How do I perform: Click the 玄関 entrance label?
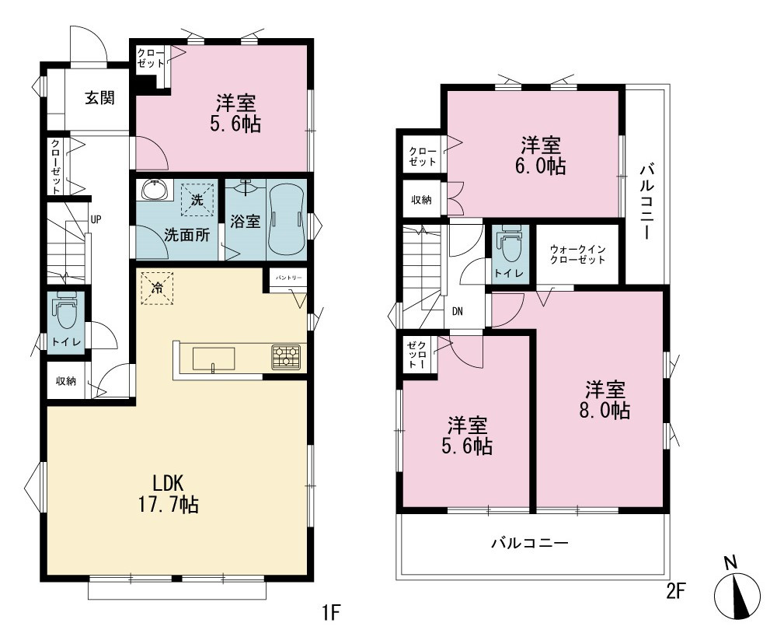100,98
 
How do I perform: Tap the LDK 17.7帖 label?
168,493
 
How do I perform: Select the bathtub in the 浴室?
287,219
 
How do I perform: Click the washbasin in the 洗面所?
155,190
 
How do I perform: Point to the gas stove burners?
287,356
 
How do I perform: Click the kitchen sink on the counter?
214,359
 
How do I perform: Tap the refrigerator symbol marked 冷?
157,288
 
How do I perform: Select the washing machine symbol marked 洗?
197,200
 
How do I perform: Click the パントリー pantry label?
288,278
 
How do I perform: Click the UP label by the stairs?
96,219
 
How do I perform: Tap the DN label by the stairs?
458,312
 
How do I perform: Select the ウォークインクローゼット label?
578,254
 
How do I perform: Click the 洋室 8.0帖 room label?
605,400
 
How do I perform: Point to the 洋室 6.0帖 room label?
541,156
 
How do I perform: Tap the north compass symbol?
737,590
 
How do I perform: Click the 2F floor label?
675,591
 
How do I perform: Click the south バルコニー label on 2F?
529,543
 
